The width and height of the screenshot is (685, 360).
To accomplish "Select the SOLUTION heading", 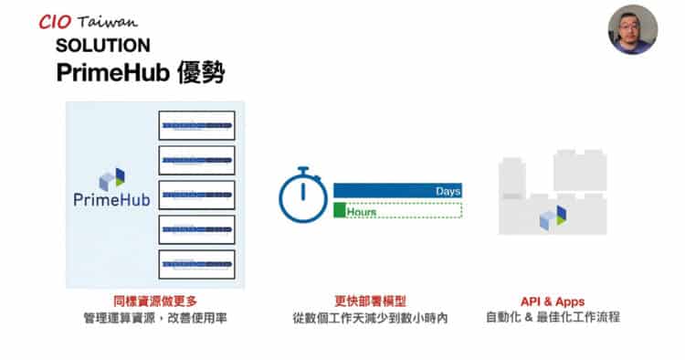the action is click(x=102, y=46).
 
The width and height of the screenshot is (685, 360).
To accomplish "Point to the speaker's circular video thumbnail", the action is click(x=633, y=29).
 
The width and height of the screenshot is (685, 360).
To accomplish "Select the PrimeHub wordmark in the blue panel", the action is click(x=111, y=200).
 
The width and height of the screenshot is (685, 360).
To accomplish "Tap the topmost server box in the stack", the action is click(x=196, y=124).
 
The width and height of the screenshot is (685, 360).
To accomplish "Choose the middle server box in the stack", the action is click(x=196, y=194).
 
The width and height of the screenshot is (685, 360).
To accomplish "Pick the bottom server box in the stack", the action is click(x=196, y=264).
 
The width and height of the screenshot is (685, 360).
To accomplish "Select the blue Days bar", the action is click(x=397, y=190).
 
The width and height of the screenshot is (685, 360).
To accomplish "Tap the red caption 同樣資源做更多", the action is click(x=154, y=302).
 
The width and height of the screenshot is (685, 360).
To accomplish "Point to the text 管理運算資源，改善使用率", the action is click(x=154, y=319).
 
